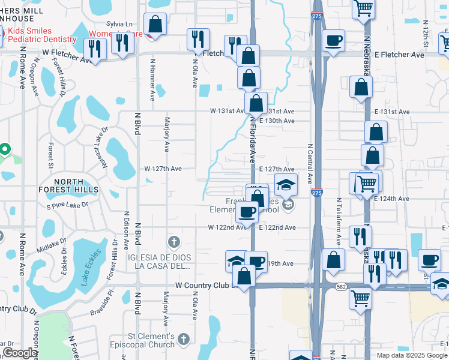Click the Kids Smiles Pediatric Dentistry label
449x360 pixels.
[38, 35]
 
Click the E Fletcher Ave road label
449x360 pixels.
[399, 55]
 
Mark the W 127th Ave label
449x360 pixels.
[162, 169]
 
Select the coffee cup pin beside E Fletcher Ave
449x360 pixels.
[333, 41]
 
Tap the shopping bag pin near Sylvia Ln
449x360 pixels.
[155, 25]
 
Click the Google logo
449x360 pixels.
[20, 353]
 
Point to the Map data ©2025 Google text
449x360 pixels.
[412, 355]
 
